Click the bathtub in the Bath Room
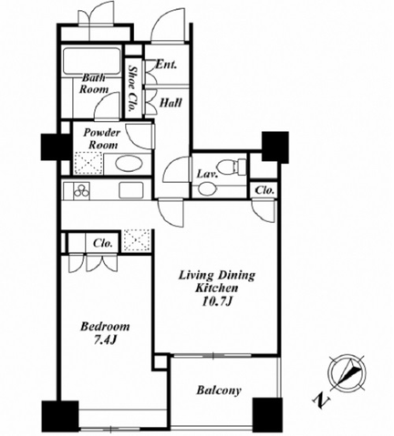point(91,61)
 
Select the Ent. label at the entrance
point(166,65)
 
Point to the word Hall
point(171,103)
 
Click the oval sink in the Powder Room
point(129,164)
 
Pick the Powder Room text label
point(102,138)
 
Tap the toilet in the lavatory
point(232,166)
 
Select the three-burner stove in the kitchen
point(81,191)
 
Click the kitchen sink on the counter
point(131,190)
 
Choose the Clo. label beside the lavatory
point(264,190)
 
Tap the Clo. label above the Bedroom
point(103,243)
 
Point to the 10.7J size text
point(218,301)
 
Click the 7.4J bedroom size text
point(105,340)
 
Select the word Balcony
point(219,390)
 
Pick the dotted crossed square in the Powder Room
point(88,163)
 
